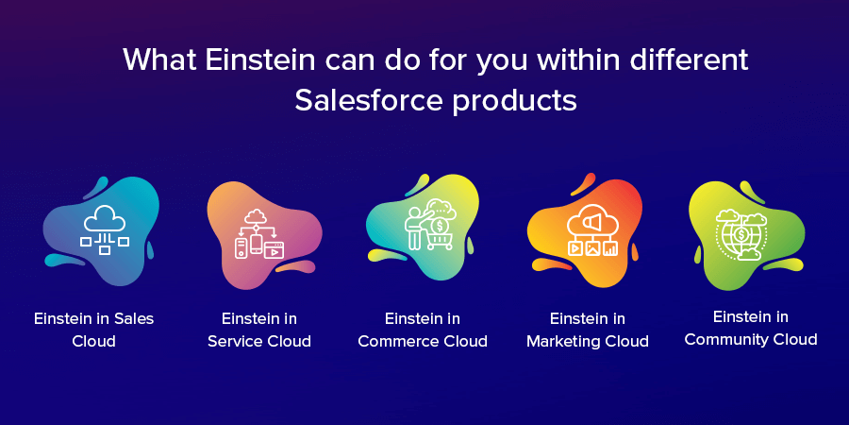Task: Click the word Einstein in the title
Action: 260,59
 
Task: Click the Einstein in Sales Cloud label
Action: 93,330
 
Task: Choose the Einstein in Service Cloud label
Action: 259,330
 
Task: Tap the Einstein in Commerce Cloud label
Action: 423,330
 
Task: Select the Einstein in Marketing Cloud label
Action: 588,330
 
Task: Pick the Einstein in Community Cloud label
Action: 751,328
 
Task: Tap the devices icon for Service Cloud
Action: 259,234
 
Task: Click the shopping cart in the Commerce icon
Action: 439,239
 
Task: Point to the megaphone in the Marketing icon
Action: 591,221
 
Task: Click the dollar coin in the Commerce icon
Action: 440,223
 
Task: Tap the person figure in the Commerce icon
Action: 414,227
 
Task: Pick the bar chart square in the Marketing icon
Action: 609,249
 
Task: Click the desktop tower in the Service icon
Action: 241,247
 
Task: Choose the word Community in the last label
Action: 731,340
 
